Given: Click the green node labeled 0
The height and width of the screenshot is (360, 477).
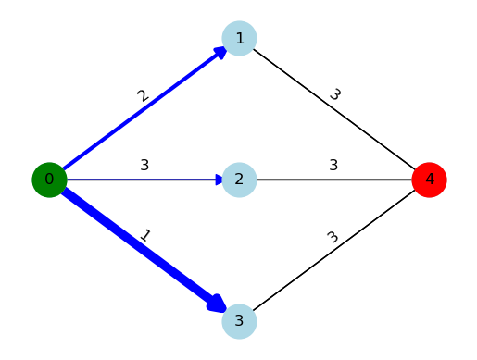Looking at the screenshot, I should coord(49,180).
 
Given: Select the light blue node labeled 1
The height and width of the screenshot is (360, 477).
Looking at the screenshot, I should coord(239,38).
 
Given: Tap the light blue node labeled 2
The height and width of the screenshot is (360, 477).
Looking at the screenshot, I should coord(239,180).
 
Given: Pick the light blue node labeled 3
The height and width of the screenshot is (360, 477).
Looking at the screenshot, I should coord(239,321).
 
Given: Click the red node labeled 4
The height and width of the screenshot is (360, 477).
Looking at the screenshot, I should coord(429,180).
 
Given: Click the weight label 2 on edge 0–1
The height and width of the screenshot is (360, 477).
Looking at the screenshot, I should coord(143,96).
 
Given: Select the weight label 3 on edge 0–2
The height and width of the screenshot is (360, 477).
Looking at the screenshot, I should coord(144,166).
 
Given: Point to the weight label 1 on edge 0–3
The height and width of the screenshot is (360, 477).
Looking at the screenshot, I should coord(144,236).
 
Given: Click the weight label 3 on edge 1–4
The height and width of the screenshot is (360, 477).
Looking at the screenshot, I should coord(334,94).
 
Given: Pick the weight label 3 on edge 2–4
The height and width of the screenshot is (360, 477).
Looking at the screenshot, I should coord(333,166).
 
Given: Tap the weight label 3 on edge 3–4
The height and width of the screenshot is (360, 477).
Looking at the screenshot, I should coord(333,237).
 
